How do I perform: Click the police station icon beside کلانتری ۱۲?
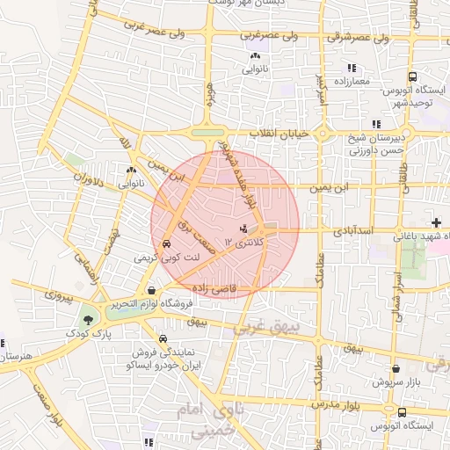click(243, 229)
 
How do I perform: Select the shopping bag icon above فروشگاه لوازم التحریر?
click(153, 291)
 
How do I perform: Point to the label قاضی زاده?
click(208, 287)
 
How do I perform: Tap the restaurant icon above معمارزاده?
click(351, 68)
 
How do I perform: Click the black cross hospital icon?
click(437, 222)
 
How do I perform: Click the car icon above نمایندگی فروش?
click(163, 338)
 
